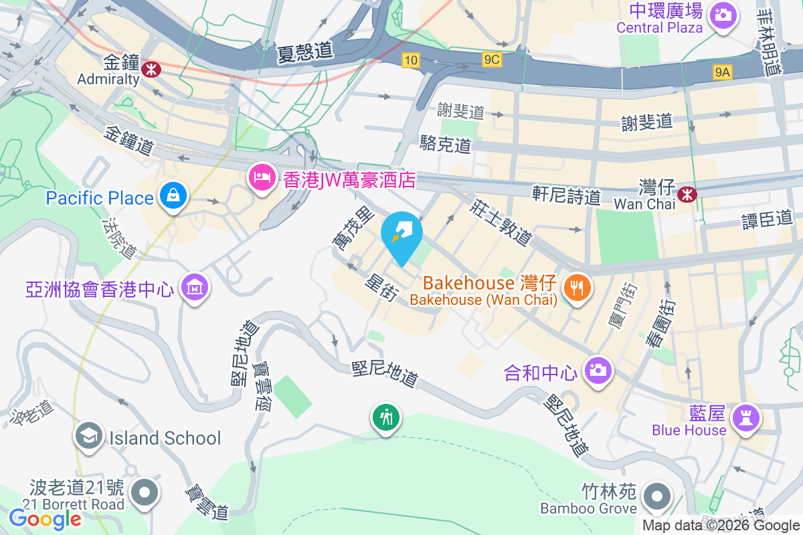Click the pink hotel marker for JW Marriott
[x=260, y=177]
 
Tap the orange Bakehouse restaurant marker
[x=577, y=288]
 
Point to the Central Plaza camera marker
[x=723, y=14]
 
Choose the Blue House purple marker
[x=747, y=418]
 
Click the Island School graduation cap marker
[x=88, y=437]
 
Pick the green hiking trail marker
[x=385, y=418]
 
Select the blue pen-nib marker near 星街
[x=401, y=234]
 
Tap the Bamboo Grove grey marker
[x=657, y=496]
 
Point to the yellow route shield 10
[x=411, y=61]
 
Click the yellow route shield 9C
[x=491, y=60]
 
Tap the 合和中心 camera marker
[x=598, y=370]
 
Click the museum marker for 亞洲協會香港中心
[x=195, y=288]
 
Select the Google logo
[x=45, y=518]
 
